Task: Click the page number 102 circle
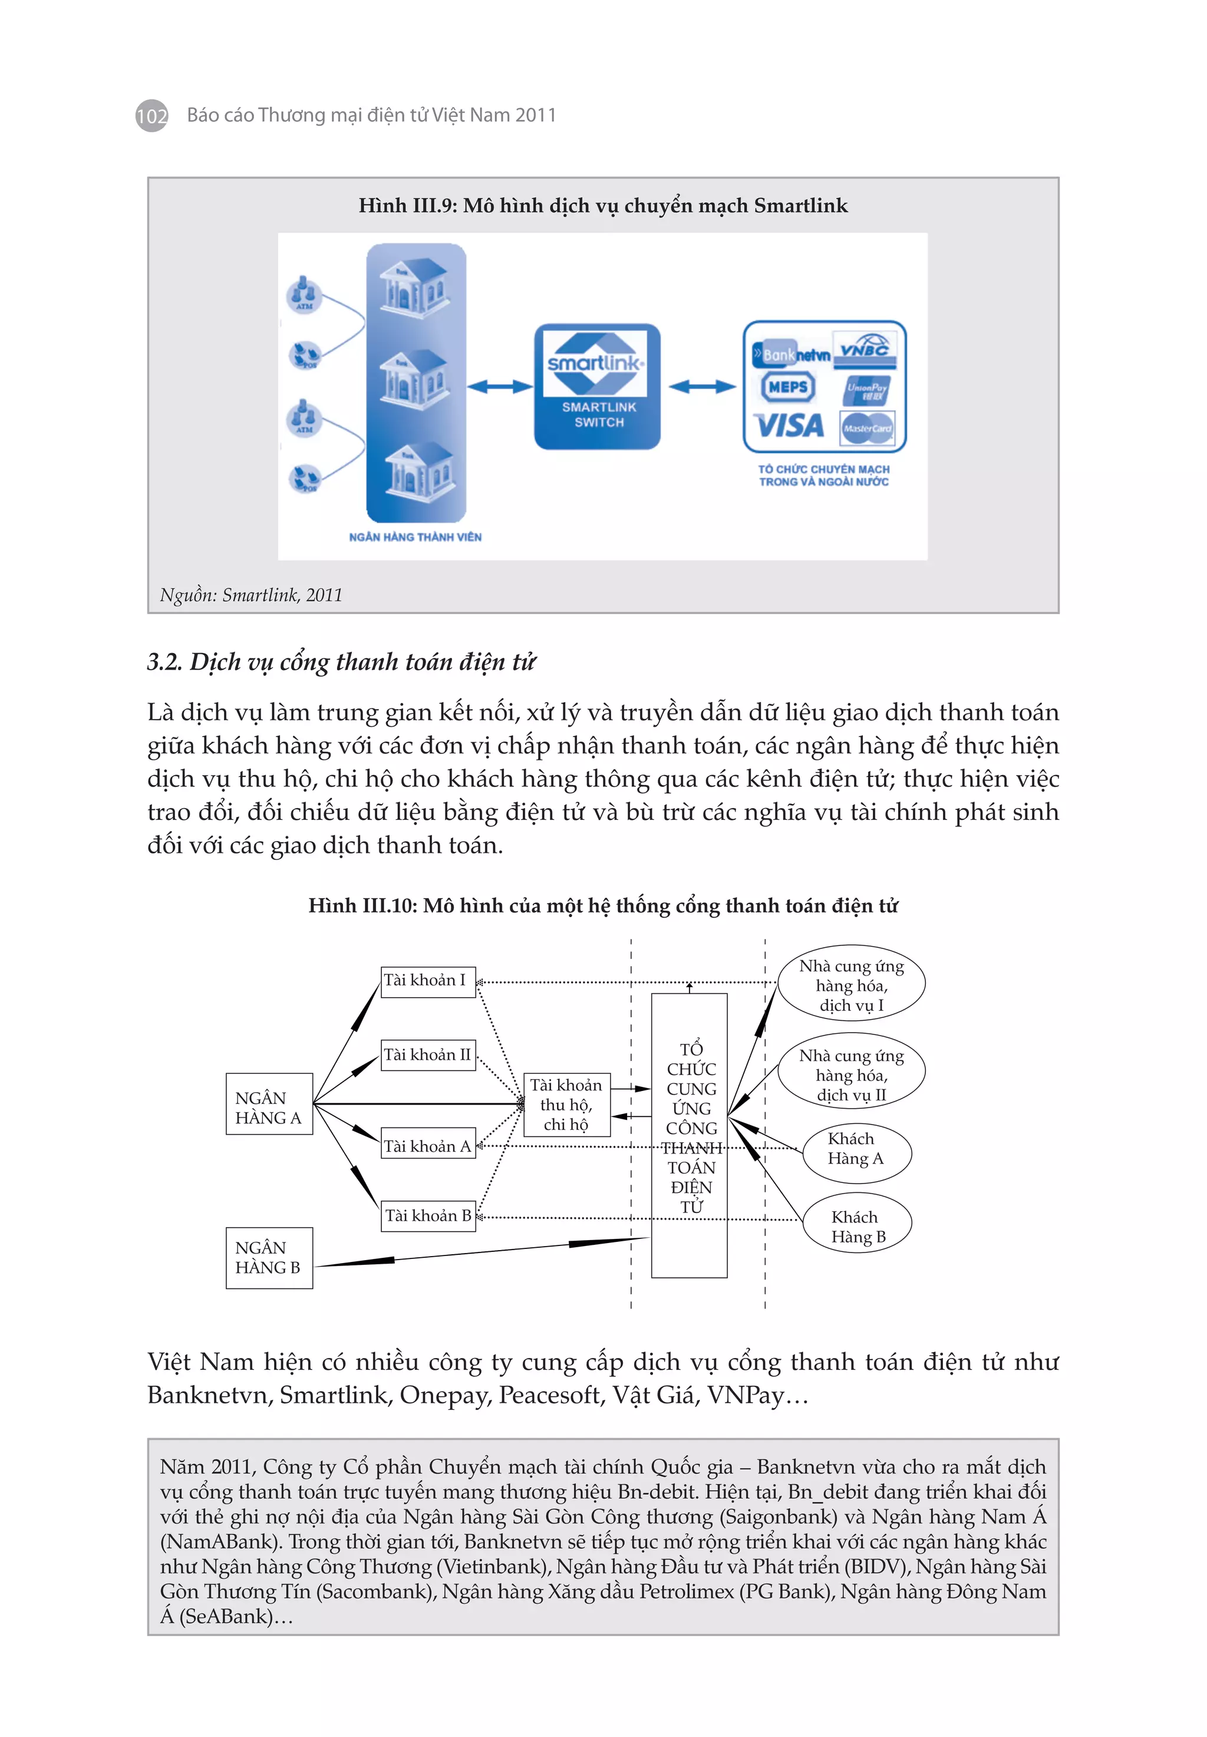tap(151, 116)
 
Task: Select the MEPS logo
tap(787, 387)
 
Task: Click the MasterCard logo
tap(868, 428)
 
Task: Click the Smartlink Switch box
tap(598, 387)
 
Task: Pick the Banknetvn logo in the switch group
tap(791, 354)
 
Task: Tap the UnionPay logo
tap(867, 390)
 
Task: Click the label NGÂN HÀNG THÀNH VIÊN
tap(415, 537)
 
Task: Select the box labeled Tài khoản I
tap(428, 981)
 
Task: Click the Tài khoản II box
tap(428, 1055)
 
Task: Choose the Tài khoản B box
tap(428, 1216)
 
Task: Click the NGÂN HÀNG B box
tap(269, 1258)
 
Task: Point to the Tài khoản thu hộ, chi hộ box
tap(566, 1105)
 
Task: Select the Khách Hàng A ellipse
tap(856, 1149)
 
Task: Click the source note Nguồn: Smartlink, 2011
tap(251, 595)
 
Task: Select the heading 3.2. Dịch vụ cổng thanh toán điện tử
tap(341, 662)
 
